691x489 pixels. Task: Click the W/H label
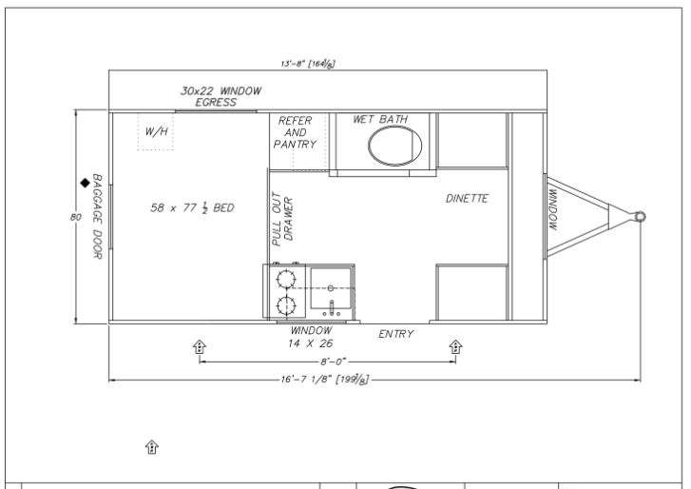point(157,131)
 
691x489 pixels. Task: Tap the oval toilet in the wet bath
point(394,146)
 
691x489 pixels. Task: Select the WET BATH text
point(380,119)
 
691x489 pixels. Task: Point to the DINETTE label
point(467,199)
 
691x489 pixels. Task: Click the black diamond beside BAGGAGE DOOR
point(85,183)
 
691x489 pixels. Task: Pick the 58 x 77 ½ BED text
point(192,207)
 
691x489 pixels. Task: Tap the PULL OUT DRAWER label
point(282,219)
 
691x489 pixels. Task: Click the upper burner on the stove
point(285,279)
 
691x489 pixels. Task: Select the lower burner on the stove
point(285,305)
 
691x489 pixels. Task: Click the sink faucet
point(332,308)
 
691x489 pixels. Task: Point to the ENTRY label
point(395,334)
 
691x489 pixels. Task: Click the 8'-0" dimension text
point(333,362)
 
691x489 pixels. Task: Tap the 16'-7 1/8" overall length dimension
point(325,380)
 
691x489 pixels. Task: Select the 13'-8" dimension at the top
point(308,64)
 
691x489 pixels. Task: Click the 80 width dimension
point(75,217)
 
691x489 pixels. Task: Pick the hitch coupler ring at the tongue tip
point(640,217)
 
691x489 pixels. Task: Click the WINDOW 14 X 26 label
point(311,337)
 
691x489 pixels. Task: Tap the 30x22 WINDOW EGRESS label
point(221,97)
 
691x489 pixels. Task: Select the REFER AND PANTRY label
point(295,132)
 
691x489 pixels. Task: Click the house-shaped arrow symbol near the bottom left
point(151,447)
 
